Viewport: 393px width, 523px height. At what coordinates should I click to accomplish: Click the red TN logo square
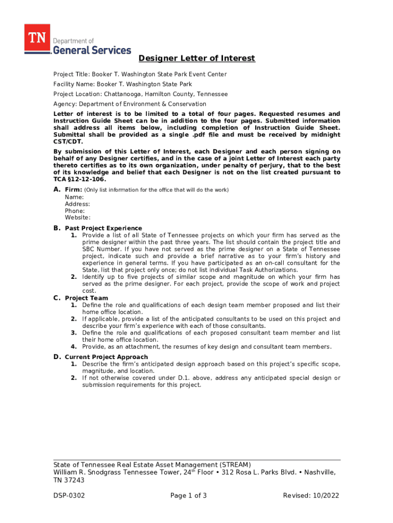tap(37, 38)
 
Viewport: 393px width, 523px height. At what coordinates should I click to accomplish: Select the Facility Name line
tap(122, 84)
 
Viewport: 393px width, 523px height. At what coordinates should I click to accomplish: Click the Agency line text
tap(130, 104)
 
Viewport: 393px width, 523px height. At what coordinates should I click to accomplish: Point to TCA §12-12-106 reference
tap(79, 180)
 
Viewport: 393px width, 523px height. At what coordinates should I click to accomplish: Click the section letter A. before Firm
tap(57, 190)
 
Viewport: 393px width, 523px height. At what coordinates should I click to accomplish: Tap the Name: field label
tap(74, 197)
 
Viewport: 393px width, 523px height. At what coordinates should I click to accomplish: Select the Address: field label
tap(78, 204)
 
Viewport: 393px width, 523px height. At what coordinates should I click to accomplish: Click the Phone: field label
tap(75, 210)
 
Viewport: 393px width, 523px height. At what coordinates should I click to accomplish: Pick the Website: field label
tap(78, 218)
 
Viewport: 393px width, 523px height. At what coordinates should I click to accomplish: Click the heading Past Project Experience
tap(104, 228)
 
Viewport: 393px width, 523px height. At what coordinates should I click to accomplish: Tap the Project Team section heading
tap(86, 298)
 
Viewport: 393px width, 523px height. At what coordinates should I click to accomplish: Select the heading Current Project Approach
tap(106, 357)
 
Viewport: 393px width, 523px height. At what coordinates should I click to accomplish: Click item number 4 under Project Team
tap(74, 347)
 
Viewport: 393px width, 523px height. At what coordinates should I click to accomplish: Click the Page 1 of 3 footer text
tap(189, 495)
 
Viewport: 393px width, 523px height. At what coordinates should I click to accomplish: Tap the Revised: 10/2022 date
tap(311, 495)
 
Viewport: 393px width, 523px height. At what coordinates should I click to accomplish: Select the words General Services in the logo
tap(92, 50)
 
